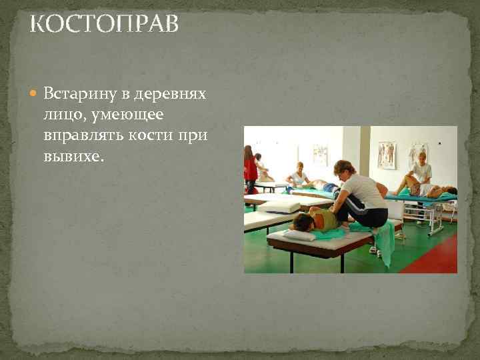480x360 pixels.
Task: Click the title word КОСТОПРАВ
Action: pyautogui.click(x=105, y=25)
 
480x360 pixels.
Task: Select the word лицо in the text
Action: pyautogui.click(x=59, y=115)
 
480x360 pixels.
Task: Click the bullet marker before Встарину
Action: pyautogui.click(x=35, y=93)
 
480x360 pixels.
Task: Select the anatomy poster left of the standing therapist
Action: pyautogui.click(x=386, y=155)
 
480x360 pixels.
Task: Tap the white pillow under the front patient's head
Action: pyautogui.click(x=297, y=234)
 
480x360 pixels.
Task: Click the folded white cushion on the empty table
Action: pyautogui.click(x=278, y=207)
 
